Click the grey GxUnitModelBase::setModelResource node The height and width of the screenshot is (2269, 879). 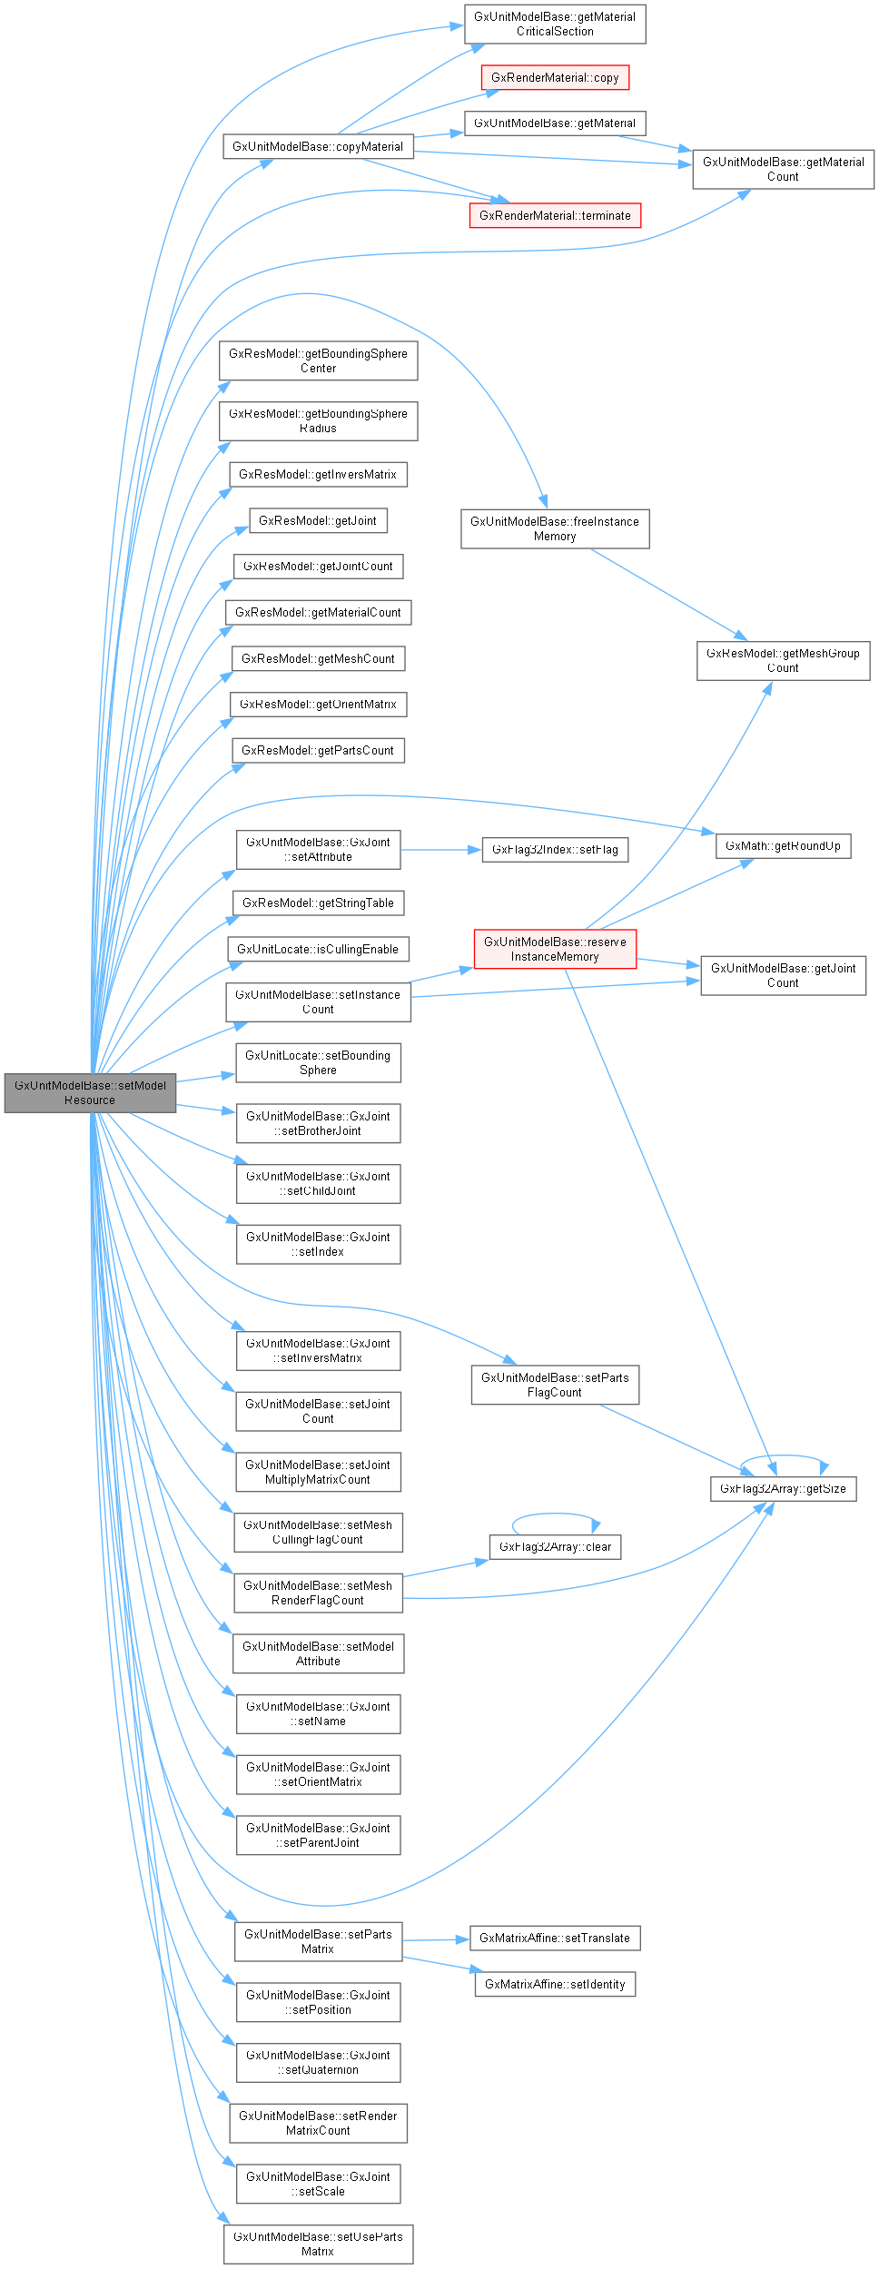(90, 1092)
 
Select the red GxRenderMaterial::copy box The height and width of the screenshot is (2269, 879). (555, 78)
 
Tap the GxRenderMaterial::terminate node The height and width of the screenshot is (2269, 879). (555, 216)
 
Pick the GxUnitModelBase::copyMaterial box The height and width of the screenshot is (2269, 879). (318, 147)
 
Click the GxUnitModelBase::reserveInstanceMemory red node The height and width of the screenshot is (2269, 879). (555, 949)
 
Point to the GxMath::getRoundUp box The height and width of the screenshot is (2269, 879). (783, 846)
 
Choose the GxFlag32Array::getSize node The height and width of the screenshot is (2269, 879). (783, 1489)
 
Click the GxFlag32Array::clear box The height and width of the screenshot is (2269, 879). (555, 1547)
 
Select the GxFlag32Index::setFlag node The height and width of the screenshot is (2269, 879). (555, 850)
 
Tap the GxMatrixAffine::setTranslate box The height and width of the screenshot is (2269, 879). (555, 1938)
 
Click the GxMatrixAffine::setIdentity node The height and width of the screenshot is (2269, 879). (555, 1984)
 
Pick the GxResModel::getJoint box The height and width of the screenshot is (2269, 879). (318, 521)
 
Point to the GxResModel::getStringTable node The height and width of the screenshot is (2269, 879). (318, 903)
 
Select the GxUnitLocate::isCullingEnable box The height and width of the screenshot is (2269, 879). (318, 950)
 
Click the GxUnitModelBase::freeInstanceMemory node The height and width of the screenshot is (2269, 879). (555, 529)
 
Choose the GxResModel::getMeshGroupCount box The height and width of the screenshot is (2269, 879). (783, 661)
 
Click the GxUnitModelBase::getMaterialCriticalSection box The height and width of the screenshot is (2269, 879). (555, 25)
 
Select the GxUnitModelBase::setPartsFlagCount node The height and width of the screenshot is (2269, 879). (555, 1386)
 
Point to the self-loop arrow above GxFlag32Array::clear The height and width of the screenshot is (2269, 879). (555, 1514)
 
